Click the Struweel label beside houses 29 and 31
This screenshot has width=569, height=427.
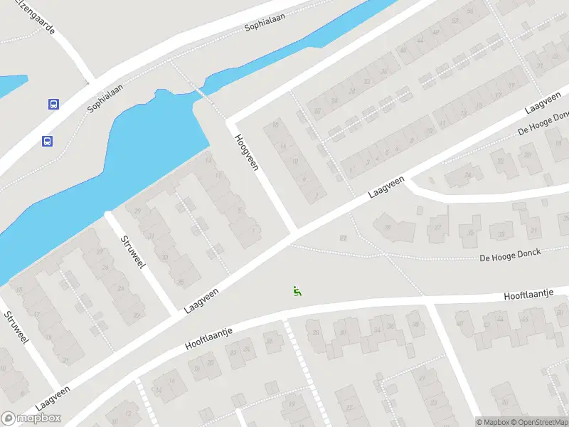click(133, 251)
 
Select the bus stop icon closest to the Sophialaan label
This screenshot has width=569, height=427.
click(53, 104)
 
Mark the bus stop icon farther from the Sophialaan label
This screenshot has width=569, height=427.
click(47, 141)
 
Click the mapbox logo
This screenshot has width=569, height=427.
click(31, 418)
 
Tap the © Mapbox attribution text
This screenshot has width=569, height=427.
click(493, 422)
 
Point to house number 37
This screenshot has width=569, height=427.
click(438, 228)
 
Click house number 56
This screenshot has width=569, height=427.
click(470, 11)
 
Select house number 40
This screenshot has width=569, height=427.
click(403, 51)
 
